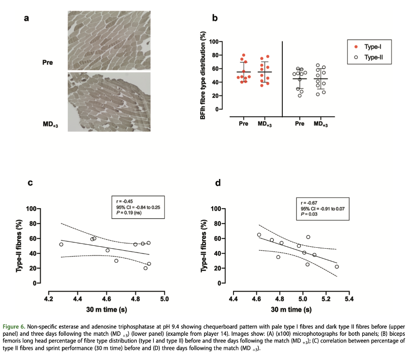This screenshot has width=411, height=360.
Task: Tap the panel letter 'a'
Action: click(27, 18)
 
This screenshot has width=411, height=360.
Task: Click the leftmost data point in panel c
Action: click(61, 244)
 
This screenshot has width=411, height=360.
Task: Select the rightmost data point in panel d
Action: click(337, 267)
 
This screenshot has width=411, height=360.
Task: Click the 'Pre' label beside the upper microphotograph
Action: click(47, 62)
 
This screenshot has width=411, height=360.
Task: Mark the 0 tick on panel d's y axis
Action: click(224, 283)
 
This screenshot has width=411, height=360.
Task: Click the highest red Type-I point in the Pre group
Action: click(244, 55)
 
